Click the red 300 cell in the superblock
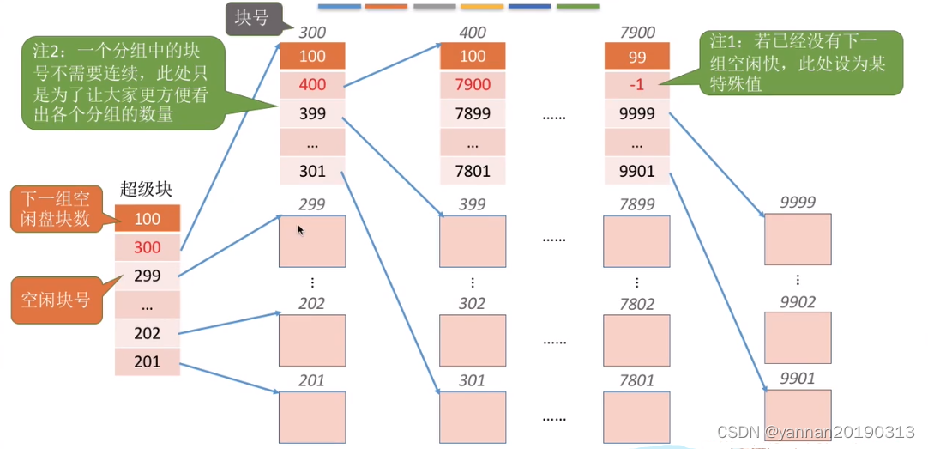(x=148, y=247)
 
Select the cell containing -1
(x=636, y=85)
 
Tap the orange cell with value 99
(x=636, y=57)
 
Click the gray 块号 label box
(x=253, y=18)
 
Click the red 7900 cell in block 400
(x=473, y=85)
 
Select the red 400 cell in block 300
(x=312, y=85)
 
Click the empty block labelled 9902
(x=798, y=337)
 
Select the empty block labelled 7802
(x=636, y=340)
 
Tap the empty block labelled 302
(x=473, y=340)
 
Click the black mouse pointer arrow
(x=300, y=230)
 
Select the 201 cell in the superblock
(x=148, y=362)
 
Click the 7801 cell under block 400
(x=473, y=171)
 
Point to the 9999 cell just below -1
(x=636, y=113)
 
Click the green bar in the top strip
(x=577, y=6)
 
